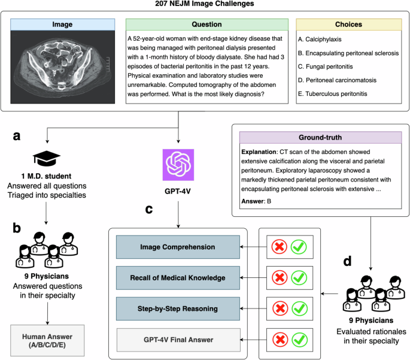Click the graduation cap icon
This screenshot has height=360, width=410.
[x=47, y=158]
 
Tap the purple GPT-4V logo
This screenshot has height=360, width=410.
[x=178, y=165]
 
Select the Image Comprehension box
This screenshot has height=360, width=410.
[x=178, y=247]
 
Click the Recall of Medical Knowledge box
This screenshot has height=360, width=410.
[x=178, y=278]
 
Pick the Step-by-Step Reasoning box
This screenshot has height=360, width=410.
[x=178, y=308]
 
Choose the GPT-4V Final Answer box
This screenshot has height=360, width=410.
[x=178, y=340]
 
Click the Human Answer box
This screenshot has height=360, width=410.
[x=47, y=341]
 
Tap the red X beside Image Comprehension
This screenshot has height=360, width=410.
[x=280, y=247]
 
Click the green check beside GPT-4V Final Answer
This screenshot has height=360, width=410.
[x=300, y=340]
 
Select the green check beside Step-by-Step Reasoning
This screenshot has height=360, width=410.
[x=300, y=308]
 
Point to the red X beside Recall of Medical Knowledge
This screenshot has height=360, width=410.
[x=280, y=277]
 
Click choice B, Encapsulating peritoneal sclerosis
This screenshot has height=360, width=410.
[x=348, y=53]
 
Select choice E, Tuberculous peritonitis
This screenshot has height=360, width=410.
[x=333, y=93]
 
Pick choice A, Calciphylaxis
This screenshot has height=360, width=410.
[x=320, y=40]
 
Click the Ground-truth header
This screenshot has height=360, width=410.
[x=321, y=137]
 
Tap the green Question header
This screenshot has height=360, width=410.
[x=207, y=25]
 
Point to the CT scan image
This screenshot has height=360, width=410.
[x=62, y=67]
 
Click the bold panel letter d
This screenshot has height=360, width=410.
[x=347, y=261]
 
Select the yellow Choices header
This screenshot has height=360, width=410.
[x=349, y=25]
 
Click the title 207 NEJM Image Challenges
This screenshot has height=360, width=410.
[x=205, y=4]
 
